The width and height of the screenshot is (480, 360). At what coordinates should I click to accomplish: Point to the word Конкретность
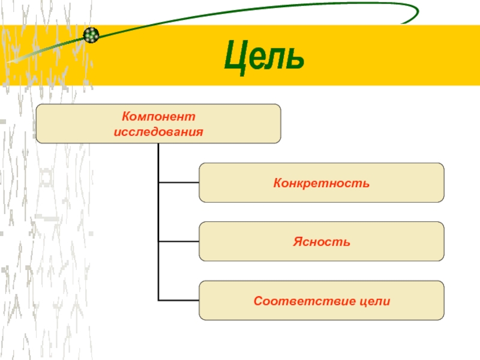(322, 182)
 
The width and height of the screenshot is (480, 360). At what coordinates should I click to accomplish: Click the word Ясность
(322, 242)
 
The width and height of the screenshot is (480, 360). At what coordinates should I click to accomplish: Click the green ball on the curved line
(91, 35)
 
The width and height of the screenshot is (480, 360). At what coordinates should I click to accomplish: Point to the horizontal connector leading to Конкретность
(179, 182)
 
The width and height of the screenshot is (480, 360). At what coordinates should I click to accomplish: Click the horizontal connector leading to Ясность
(179, 241)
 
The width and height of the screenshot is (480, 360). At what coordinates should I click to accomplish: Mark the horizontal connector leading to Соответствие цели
(179, 299)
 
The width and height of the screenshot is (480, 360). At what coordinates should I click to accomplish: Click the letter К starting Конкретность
(277, 182)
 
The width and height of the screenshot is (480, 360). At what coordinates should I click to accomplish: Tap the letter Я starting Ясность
(297, 242)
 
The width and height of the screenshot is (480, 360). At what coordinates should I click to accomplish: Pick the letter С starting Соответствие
(257, 300)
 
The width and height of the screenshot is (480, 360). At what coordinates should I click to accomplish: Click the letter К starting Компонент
(125, 115)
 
